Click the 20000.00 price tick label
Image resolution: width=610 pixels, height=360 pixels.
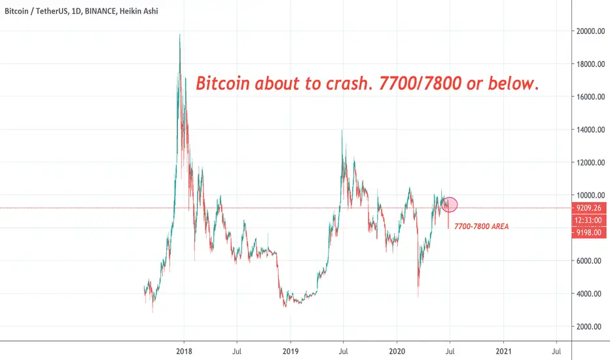(590, 31)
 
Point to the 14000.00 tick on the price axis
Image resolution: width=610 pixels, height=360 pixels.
(590, 130)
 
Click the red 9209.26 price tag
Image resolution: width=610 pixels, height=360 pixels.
(588, 208)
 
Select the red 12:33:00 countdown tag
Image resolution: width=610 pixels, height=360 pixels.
(588, 221)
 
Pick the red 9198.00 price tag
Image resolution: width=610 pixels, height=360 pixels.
(588, 232)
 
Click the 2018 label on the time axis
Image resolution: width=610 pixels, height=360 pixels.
(184, 351)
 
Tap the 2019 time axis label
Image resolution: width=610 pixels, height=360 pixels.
(290, 351)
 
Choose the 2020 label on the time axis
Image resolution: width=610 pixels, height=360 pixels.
(397, 351)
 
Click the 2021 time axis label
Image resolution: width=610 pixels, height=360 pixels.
(503, 351)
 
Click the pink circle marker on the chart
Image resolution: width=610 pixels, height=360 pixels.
(450, 204)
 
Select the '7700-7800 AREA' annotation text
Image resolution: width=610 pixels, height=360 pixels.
(482, 226)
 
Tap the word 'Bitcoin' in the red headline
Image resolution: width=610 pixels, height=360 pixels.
(223, 83)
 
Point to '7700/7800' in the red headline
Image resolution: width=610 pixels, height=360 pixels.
(420, 83)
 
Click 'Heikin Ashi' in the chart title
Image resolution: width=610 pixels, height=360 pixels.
(139, 11)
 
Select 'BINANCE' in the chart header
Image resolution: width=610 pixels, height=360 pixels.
(100, 11)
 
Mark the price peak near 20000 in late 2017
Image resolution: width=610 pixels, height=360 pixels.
(179, 34)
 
